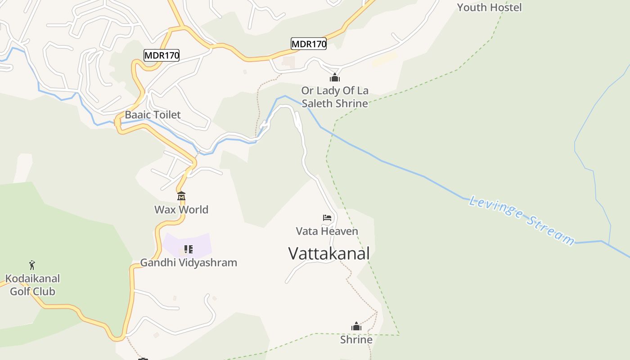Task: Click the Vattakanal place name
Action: [x=329, y=253]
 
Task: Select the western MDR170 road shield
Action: [x=162, y=55]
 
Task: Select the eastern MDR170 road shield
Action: [x=309, y=44]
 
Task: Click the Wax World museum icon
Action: [x=181, y=196]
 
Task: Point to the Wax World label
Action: [x=181, y=209]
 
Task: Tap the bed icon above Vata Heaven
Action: [x=327, y=218]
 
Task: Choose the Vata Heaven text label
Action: [x=327, y=231]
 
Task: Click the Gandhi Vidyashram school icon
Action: [x=189, y=249]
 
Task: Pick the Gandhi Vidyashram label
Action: [x=189, y=262]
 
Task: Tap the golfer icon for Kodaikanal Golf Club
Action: [x=32, y=265]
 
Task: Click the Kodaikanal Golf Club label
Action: [x=32, y=285]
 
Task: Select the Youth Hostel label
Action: [x=489, y=7]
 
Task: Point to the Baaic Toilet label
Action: [x=153, y=115]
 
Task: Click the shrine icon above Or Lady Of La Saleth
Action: [x=334, y=77]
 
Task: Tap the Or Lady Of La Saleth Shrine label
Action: [x=335, y=97]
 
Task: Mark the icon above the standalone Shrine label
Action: [x=356, y=326]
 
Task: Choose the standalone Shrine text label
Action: [x=356, y=340]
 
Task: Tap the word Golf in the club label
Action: [x=21, y=291]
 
